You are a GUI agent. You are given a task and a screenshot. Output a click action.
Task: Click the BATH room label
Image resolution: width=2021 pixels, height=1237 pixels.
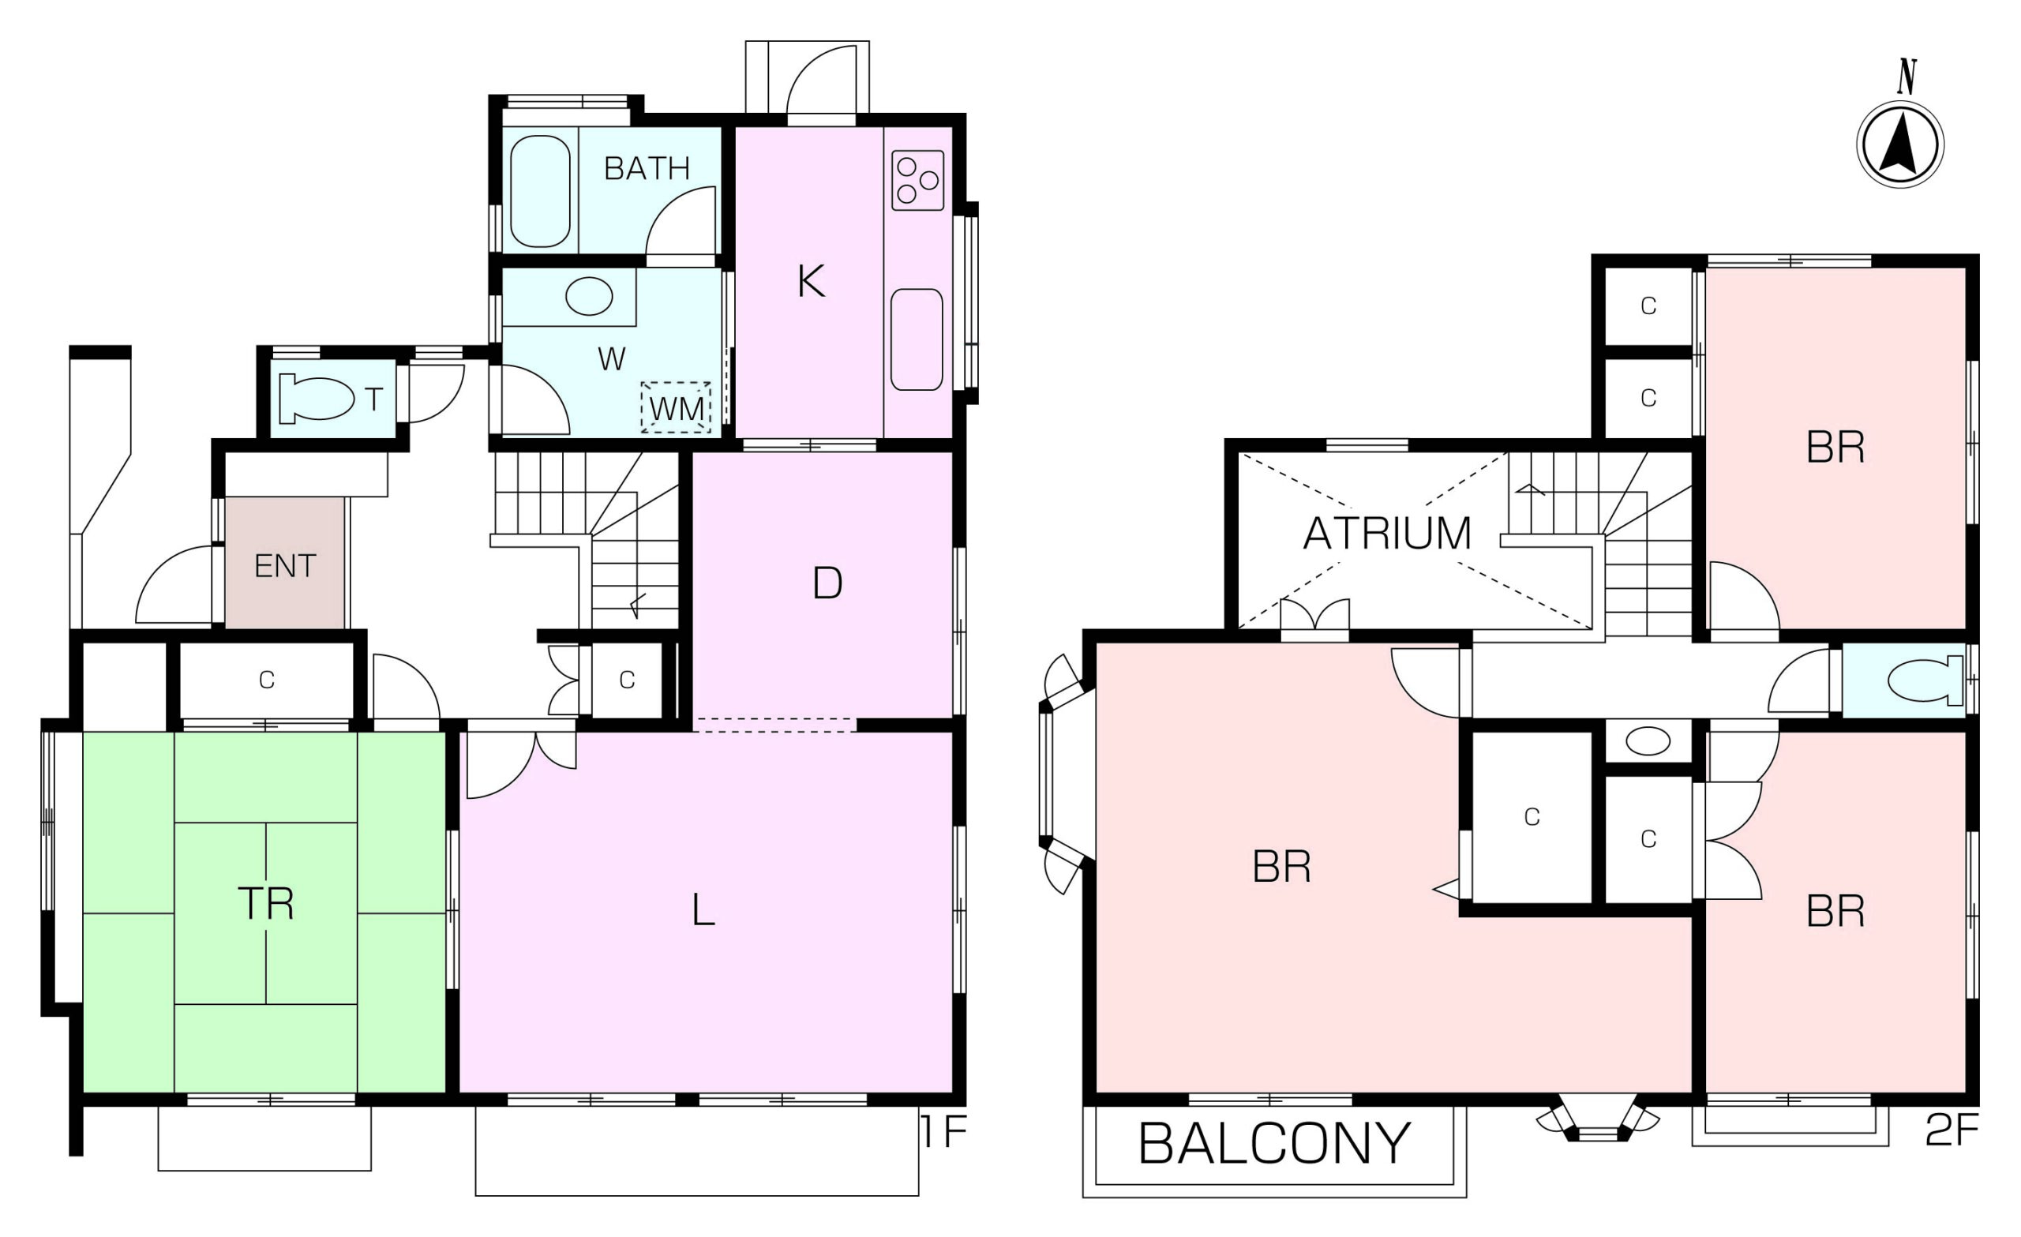click(647, 168)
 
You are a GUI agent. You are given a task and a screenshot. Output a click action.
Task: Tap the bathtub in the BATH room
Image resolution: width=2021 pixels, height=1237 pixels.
click(540, 191)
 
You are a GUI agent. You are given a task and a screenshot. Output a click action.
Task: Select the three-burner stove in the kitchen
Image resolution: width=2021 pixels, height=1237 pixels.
click(918, 181)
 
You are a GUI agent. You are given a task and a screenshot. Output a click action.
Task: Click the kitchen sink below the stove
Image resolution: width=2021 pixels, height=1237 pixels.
click(917, 339)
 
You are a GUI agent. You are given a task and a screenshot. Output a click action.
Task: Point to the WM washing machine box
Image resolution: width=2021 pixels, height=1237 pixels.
click(676, 407)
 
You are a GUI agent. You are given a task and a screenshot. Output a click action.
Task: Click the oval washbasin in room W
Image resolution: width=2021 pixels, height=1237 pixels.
click(589, 296)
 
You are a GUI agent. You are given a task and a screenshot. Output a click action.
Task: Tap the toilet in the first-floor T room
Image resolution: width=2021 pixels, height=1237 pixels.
click(317, 399)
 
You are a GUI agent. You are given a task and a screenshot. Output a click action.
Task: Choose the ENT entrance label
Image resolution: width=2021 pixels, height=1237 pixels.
click(285, 566)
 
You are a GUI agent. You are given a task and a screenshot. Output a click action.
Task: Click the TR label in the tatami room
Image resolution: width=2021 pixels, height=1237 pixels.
click(266, 903)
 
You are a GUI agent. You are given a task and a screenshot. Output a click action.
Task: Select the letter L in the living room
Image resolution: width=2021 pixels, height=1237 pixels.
click(703, 909)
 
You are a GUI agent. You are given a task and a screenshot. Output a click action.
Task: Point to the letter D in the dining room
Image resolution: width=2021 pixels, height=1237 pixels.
click(827, 583)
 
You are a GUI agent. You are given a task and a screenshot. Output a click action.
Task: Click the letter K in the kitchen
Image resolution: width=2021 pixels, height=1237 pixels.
click(812, 281)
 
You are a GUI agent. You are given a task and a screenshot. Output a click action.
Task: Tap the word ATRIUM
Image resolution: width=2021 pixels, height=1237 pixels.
click(1387, 533)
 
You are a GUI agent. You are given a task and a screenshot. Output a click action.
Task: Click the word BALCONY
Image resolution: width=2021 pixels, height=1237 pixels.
click(1275, 1144)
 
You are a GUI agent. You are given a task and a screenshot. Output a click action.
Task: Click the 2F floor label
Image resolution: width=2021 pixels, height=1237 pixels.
click(1952, 1130)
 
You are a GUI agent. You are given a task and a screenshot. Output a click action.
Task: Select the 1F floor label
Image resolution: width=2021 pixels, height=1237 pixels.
click(944, 1133)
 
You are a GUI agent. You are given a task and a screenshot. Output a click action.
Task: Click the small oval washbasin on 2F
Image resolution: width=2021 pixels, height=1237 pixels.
click(1648, 741)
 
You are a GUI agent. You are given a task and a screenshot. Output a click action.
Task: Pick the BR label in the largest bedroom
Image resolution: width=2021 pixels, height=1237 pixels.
click(1282, 866)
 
